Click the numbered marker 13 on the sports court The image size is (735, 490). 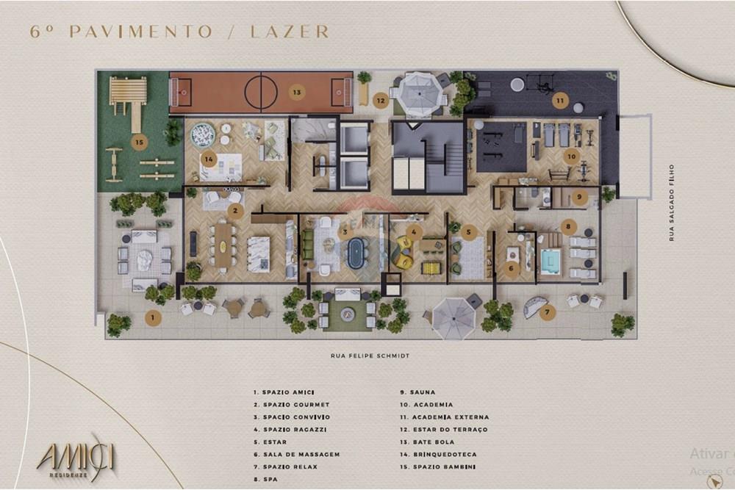296,93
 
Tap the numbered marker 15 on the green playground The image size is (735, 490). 138,142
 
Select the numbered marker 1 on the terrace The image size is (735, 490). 153,318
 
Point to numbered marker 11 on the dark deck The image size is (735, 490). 560,100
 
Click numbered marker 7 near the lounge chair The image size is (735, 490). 546,311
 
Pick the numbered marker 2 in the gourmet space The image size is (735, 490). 235,211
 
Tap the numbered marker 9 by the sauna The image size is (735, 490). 578,197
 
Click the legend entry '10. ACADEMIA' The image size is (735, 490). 426,404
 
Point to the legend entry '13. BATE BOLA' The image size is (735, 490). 427,442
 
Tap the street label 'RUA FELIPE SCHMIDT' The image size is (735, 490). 370,356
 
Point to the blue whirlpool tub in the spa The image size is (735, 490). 550,260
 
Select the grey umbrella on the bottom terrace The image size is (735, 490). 453,318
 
